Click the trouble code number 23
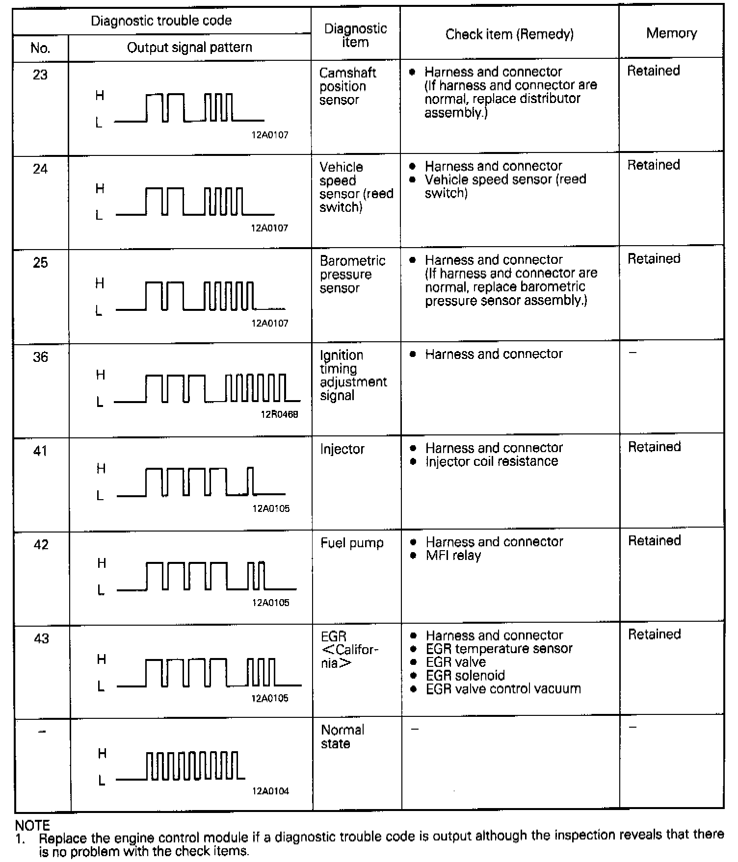tap(40, 75)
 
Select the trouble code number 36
tap(41, 357)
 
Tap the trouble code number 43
tap(41, 638)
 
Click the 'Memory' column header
tap(671, 33)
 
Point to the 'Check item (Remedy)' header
tap(509, 34)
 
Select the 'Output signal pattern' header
tap(189, 48)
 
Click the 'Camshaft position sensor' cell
tap(347, 86)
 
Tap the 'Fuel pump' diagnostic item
tap(352, 543)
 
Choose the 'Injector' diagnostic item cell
tap(342, 449)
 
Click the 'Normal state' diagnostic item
tap(342, 736)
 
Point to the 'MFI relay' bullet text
tap(453, 556)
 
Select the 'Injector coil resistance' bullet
tap(492, 461)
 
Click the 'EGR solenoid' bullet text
tap(465, 676)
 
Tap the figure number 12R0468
tap(279, 414)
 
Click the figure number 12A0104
tap(270, 791)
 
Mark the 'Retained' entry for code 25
tap(654, 259)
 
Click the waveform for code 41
tap(201, 482)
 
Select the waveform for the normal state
tap(181, 765)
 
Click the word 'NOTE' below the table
tap(32, 826)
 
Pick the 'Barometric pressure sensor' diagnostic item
tap(352, 274)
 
